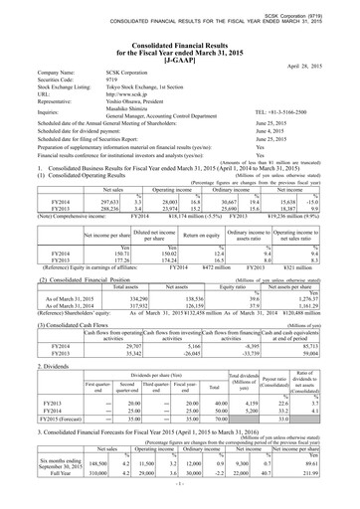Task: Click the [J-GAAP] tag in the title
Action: point(180,61)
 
